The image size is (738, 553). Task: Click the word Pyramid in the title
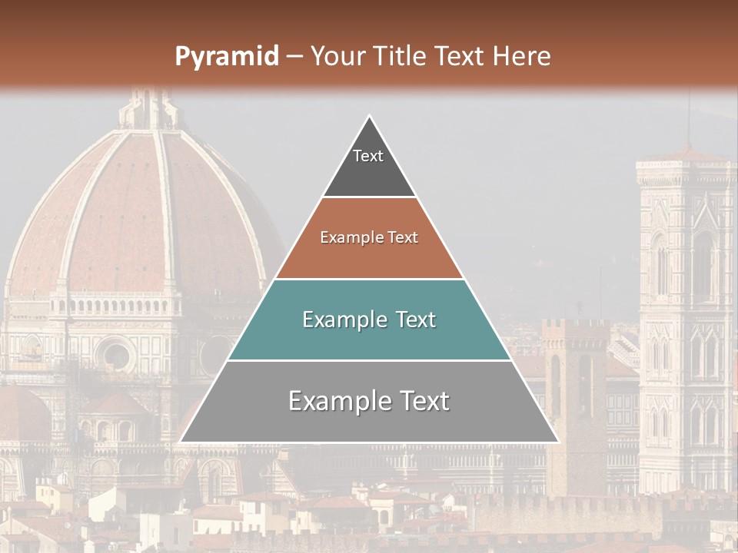pyautogui.click(x=227, y=57)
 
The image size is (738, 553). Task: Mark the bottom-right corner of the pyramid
pyautogui.click(x=557, y=441)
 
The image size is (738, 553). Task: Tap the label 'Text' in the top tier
pyautogui.click(x=368, y=156)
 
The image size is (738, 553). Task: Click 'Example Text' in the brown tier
pyautogui.click(x=369, y=237)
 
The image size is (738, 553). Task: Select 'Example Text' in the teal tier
pyautogui.click(x=369, y=320)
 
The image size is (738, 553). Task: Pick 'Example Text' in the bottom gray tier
pyautogui.click(x=369, y=401)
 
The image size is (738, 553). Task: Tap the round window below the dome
pyautogui.click(x=116, y=355)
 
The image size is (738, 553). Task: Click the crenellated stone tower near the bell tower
pyautogui.click(x=575, y=384)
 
